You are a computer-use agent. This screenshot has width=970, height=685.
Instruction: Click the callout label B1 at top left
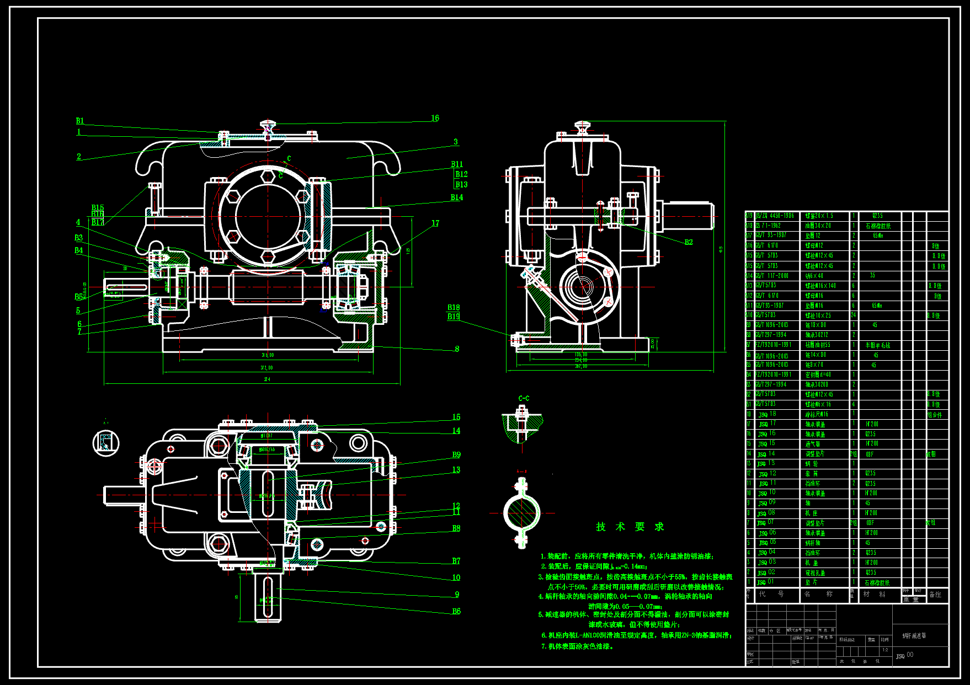(x=80, y=121)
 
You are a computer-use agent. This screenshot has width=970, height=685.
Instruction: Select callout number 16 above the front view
(x=435, y=118)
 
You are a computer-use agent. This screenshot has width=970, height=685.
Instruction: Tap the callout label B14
(x=457, y=197)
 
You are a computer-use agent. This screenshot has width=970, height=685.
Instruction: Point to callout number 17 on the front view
(x=435, y=223)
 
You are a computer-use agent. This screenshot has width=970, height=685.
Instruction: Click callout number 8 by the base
(x=457, y=349)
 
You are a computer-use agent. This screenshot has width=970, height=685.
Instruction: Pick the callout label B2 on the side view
(x=689, y=242)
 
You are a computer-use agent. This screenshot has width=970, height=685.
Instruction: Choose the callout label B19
(x=454, y=317)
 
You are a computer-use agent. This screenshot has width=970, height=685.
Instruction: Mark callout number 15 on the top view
(x=456, y=418)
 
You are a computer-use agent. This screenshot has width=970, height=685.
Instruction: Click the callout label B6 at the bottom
(x=456, y=611)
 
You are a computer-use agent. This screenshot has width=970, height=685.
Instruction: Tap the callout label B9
(x=456, y=455)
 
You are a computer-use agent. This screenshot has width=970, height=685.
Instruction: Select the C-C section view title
(x=524, y=398)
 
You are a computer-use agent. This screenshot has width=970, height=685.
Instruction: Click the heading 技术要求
(x=630, y=527)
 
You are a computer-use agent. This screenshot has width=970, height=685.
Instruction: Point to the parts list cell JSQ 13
(x=767, y=463)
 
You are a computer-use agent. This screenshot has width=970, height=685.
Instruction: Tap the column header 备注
(x=935, y=594)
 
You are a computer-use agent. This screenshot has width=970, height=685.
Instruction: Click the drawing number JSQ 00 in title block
(x=904, y=655)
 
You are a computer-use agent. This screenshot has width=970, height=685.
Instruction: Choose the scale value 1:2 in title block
(x=885, y=650)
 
